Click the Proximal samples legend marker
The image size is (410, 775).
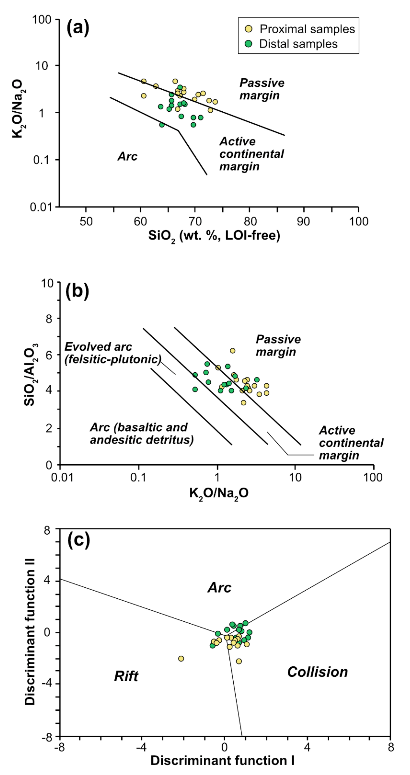pos(249,29)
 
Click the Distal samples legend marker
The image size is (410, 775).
pos(249,44)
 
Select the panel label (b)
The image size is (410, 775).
pos(77,291)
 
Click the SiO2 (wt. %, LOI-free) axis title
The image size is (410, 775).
pos(214,236)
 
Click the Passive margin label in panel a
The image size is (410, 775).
pos(262,89)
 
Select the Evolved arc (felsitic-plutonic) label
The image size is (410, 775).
pos(113,353)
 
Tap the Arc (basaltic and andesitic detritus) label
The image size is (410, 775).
pos(141,433)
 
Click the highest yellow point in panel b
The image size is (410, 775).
pos(233,350)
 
